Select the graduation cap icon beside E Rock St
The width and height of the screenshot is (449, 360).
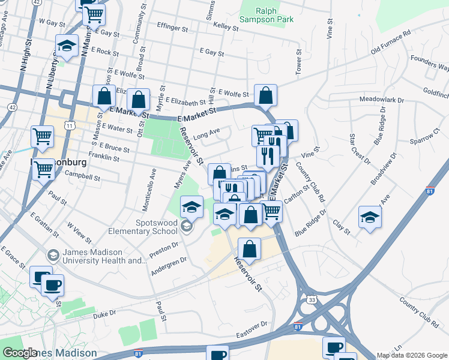pyautogui.click(x=67, y=46)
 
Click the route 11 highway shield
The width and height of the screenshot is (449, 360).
pyautogui.click(x=70, y=125)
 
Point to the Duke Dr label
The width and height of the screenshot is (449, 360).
pyautogui.click(x=104, y=313)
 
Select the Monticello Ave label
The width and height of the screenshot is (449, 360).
pyautogui.click(x=148, y=190)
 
